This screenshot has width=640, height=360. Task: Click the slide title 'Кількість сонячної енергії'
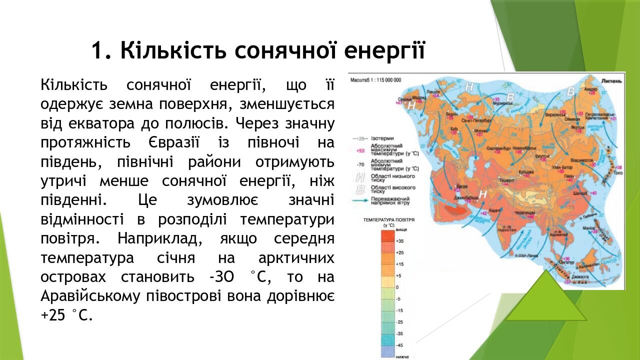tap(257, 50)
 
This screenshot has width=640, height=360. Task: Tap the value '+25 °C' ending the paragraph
tap(66, 315)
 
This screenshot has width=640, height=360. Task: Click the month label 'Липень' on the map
tap(611, 80)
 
